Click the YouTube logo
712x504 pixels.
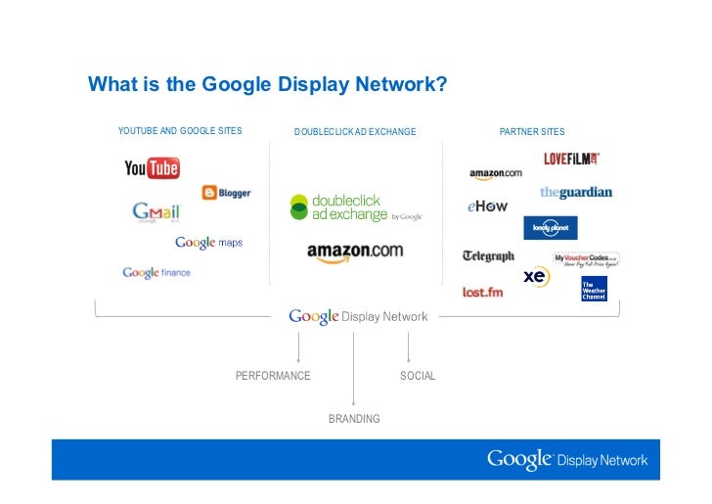coord(152,168)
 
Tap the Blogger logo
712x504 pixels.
coord(227,193)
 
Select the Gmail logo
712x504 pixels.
coord(156,212)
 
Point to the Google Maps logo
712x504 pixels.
coord(208,243)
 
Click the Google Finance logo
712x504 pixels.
coord(156,273)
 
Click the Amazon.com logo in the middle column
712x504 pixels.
coord(355,252)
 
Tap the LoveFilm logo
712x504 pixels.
coord(571,159)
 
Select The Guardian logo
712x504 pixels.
coord(576,193)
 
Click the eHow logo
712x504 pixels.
coord(487,206)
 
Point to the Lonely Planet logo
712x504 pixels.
coord(550,228)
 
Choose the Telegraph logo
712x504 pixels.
coord(488,256)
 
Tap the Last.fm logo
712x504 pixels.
coord(483,292)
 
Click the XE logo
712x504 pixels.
coord(535,277)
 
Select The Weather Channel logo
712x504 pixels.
coord(594,289)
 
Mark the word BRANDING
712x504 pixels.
coord(354,419)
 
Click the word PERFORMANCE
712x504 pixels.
coord(273,376)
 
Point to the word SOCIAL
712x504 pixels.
coord(418,376)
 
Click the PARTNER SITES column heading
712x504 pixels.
coord(531,132)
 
